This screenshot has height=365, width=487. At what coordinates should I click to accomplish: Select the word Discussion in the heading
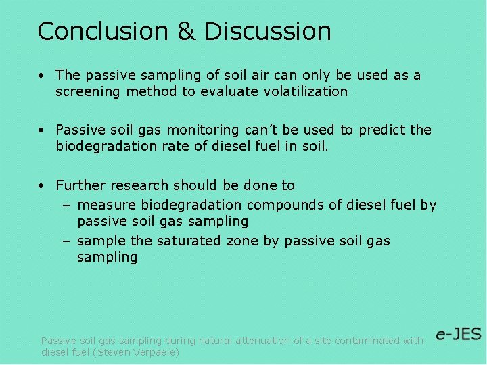click(x=268, y=31)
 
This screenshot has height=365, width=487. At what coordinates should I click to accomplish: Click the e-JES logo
click(x=458, y=335)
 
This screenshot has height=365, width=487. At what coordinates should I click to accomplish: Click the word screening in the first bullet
click(x=87, y=91)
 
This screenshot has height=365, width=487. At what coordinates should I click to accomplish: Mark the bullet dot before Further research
click(x=42, y=185)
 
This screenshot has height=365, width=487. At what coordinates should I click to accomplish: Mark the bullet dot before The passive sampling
click(x=42, y=75)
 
